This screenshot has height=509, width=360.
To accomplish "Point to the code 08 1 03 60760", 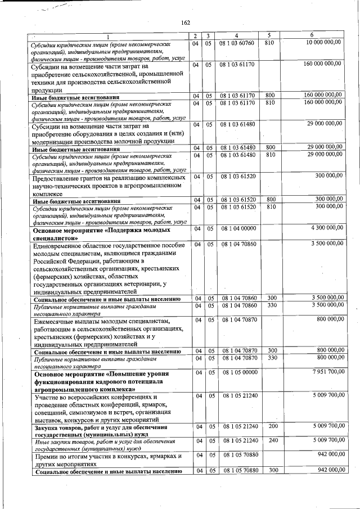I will pos(237,43).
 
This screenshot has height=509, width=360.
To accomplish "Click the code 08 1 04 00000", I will pos(237,228).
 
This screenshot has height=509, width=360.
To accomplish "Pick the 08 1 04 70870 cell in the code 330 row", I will pos(237,358).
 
